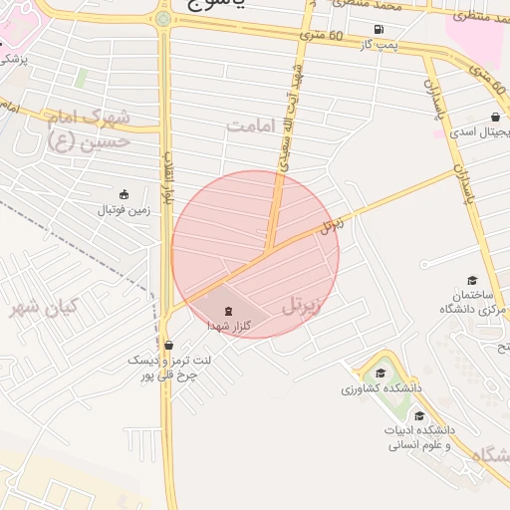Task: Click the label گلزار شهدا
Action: click(228, 326)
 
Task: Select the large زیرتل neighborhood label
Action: click(303, 305)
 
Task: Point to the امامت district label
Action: click(249, 127)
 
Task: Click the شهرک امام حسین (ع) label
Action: click(90, 129)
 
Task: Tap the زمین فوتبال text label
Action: click(120, 211)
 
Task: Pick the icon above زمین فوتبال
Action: click(124, 194)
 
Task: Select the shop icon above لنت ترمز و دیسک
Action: click(167, 345)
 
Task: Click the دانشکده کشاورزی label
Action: click(382, 387)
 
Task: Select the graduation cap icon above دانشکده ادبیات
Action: click(419, 415)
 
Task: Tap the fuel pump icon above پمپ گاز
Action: click(379, 29)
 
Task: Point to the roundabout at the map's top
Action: click(162, 18)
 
